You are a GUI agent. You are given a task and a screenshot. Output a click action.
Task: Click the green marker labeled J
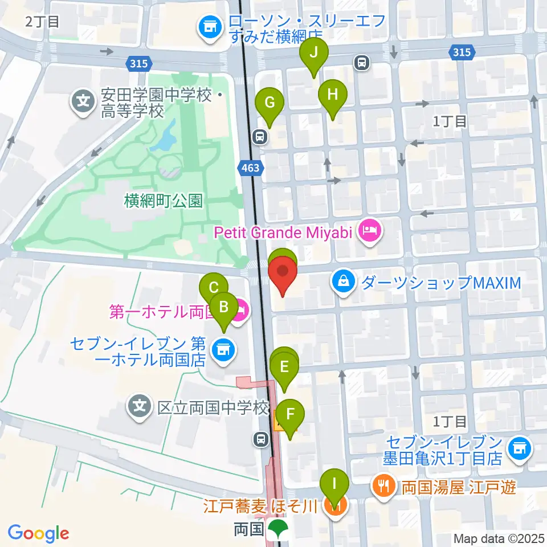313,54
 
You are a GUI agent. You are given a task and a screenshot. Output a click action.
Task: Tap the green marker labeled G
270,104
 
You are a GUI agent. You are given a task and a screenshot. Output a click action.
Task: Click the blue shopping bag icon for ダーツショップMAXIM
345,282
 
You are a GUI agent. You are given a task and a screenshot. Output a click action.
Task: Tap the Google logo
38,533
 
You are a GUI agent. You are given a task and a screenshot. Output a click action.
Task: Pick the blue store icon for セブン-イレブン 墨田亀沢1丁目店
519,449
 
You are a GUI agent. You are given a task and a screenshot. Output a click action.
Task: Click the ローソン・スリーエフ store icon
210,27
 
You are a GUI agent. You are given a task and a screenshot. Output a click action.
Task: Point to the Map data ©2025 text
499,538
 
